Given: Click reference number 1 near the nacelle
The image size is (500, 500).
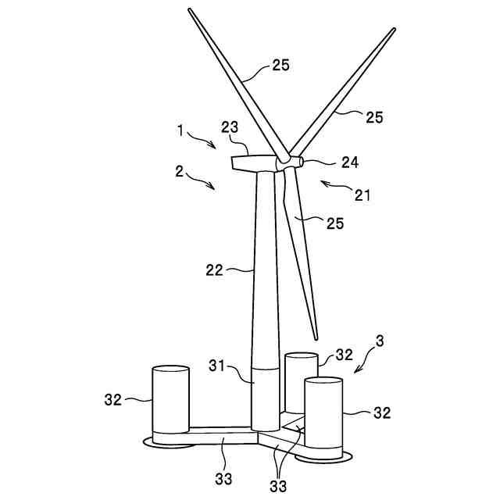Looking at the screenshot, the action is [180, 132].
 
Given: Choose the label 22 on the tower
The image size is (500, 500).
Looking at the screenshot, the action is [214, 270].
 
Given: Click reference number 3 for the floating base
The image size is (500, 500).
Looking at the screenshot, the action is [380, 341].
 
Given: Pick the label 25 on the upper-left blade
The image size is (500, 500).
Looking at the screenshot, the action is [280, 65].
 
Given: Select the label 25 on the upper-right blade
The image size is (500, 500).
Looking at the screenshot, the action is [374, 116].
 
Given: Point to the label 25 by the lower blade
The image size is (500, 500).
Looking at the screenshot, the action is [334, 223].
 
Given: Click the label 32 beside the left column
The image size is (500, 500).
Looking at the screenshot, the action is [114, 399].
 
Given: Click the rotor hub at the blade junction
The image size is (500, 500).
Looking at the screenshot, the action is [288, 161].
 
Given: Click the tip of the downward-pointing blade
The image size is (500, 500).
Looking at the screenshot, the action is [316, 337].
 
